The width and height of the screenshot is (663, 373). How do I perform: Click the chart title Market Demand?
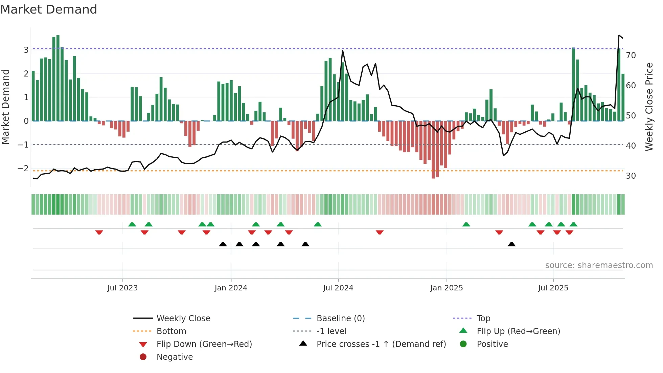click(49, 9)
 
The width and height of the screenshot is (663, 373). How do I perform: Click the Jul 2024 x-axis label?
click(338, 288)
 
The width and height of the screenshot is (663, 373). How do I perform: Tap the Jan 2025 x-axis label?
click(446, 288)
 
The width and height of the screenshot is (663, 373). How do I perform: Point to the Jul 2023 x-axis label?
click(122, 288)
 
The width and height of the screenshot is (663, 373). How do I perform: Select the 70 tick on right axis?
click(631, 56)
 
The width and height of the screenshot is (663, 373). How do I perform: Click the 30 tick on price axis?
click(631, 176)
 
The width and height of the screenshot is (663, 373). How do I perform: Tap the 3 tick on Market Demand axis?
click(26, 50)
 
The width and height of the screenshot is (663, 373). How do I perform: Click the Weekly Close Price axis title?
click(649, 107)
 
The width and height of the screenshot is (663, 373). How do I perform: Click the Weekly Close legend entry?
click(183, 319)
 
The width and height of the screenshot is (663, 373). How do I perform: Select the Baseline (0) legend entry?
click(340, 319)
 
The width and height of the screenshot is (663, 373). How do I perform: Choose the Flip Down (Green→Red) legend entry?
click(204, 344)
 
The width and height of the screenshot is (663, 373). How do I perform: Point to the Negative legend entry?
click(175, 357)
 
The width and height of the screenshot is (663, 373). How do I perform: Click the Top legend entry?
click(483, 319)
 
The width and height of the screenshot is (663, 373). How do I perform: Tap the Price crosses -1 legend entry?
click(381, 344)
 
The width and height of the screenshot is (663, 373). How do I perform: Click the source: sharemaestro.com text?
click(599, 265)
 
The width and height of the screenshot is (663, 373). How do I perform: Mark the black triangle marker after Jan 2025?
click(511, 244)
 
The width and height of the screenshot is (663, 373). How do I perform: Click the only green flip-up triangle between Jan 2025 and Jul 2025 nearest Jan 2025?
click(466, 224)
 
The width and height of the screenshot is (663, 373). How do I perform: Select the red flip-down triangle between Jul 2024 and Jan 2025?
click(380, 232)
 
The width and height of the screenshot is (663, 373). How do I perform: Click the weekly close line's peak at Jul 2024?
click(342, 50)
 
